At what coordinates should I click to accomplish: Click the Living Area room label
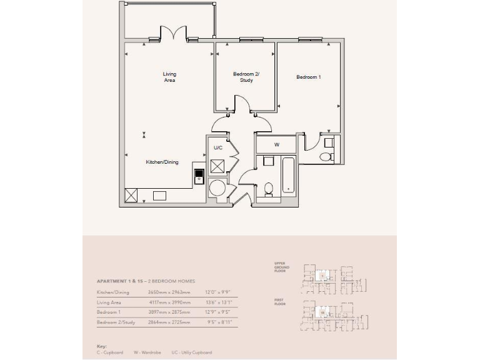(169, 77)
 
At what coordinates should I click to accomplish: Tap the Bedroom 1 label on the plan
(308, 77)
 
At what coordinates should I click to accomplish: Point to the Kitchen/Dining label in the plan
(162, 162)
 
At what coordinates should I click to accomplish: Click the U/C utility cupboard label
(218, 148)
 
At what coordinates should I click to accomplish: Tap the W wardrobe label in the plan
(277, 144)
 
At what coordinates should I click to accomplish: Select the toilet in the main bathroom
(269, 188)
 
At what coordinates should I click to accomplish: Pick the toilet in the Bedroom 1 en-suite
(325, 156)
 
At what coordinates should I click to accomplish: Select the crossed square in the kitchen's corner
(132, 195)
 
